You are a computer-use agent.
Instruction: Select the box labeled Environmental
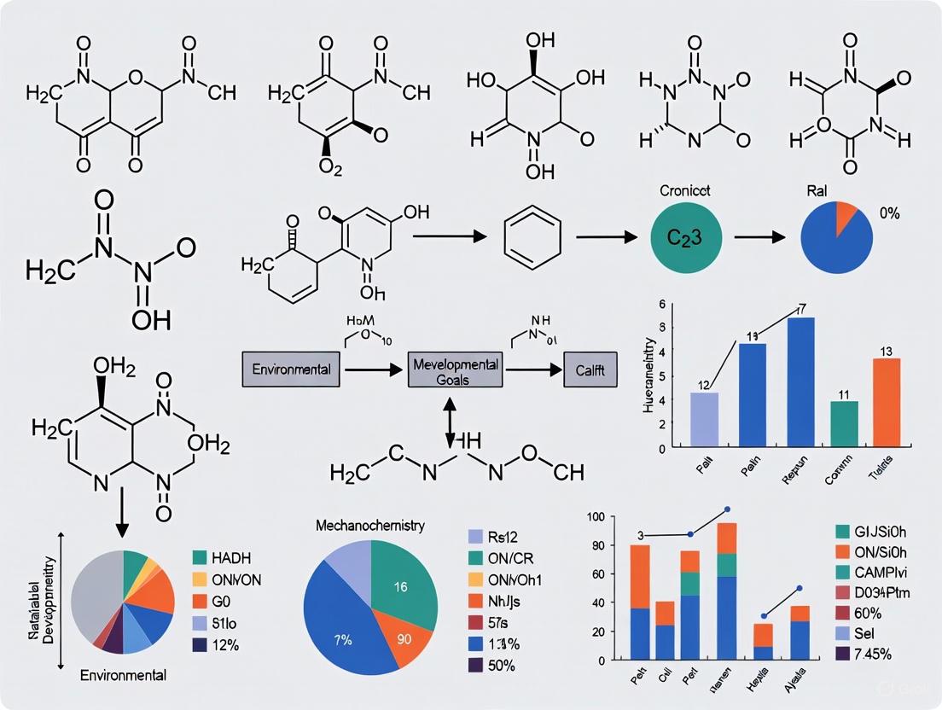coord(291,370)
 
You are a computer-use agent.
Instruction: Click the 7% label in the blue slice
coord(343,638)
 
